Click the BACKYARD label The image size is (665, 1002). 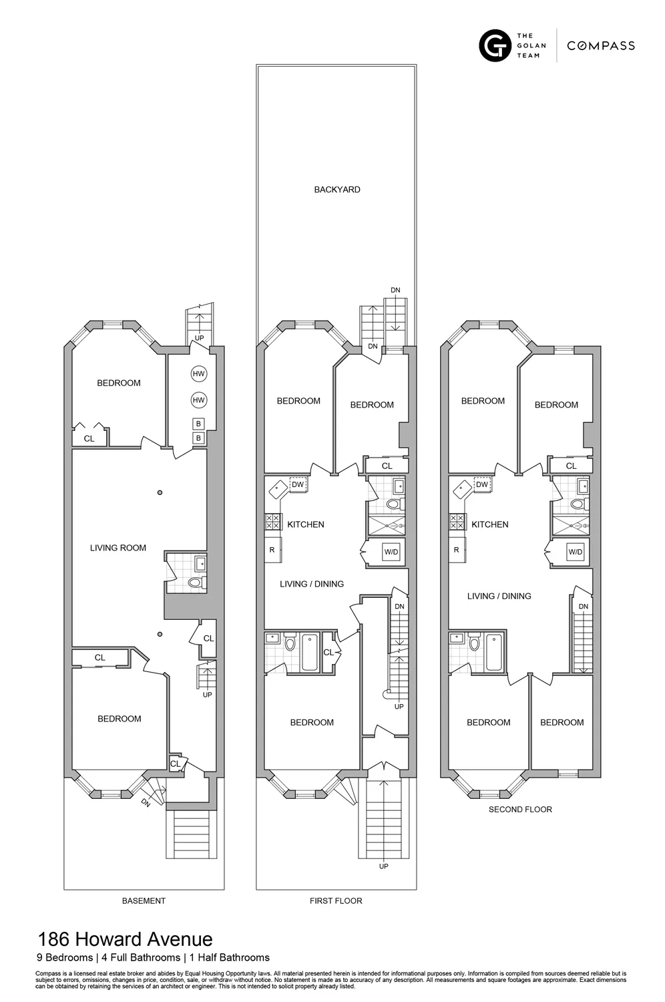(x=337, y=190)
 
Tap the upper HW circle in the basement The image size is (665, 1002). (x=198, y=374)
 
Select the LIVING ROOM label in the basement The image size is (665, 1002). (x=118, y=548)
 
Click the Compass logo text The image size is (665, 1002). (x=600, y=45)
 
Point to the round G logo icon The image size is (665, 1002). (x=495, y=45)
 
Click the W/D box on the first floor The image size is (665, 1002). (x=391, y=552)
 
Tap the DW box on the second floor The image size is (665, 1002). (x=482, y=484)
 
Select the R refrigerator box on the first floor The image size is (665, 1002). (x=272, y=550)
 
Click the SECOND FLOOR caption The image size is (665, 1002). (x=520, y=810)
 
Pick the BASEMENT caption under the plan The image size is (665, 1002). (x=144, y=901)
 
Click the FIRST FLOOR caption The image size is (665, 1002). (x=336, y=901)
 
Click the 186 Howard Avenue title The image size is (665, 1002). (x=125, y=940)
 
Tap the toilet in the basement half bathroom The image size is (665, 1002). (x=195, y=582)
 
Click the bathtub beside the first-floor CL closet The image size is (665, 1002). (x=310, y=653)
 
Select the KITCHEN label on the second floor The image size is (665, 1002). (x=489, y=525)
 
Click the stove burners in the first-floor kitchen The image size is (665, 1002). (x=273, y=521)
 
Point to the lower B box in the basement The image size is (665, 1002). (x=198, y=438)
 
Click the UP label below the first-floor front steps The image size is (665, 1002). (x=383, y=866)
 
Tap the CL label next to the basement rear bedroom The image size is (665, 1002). (x=89, y=439)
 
